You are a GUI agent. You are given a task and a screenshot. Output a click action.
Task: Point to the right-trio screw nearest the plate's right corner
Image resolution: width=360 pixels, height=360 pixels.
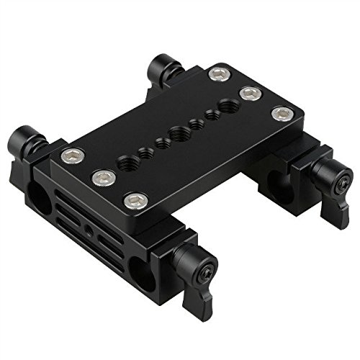281,112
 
